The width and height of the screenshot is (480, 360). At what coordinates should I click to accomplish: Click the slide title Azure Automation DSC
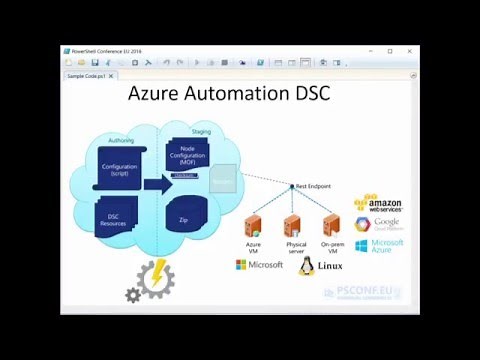coord(229,96)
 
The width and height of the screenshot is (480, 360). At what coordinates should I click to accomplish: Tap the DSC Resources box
coord(113,219)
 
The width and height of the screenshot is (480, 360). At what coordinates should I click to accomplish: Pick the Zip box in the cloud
coord(183,219)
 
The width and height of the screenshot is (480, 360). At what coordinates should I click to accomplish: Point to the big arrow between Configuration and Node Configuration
coord(158,183)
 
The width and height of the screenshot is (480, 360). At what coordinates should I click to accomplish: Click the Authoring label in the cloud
coord(119,141)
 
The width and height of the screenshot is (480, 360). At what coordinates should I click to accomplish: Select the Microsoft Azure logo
coord(379,245)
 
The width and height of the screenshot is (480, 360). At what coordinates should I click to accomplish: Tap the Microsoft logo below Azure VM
coord(259,265)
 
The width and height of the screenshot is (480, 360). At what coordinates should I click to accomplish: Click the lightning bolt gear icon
coord(154,280)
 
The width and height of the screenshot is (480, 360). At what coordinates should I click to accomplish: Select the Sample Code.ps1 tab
coord(89,75)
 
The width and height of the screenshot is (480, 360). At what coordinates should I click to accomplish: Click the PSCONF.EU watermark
coord(363,292)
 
